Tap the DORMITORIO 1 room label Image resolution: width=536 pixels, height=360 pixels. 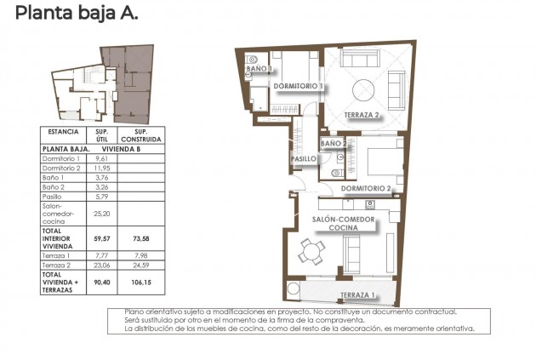(298, 86)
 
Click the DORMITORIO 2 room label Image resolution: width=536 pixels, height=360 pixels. (365, 188)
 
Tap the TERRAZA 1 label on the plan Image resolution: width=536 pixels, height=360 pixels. (358, 295)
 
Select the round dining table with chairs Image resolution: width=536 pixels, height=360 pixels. (311, 250)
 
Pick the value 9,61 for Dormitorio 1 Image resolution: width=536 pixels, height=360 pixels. (101, 159)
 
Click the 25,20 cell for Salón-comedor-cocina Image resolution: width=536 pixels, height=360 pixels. (101, 214)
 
